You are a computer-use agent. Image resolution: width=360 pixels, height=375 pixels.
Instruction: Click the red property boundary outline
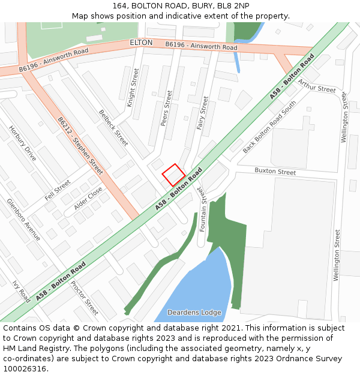pos(173,175)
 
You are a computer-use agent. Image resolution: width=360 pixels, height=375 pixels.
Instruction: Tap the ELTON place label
pos(141,43)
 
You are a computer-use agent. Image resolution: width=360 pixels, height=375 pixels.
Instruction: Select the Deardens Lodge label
pos(194,313)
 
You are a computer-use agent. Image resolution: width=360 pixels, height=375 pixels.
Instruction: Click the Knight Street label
pos(133,88)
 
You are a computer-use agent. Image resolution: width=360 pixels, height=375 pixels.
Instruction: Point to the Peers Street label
pos(166,108)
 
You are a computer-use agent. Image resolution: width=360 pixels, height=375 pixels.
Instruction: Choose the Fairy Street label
pos(202,113)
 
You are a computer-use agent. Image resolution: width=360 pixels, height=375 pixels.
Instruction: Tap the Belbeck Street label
pos(113,127)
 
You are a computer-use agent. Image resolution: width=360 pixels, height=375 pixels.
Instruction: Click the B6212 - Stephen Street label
pos(80,142)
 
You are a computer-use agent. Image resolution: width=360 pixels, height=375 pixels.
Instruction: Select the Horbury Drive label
pos(23,143)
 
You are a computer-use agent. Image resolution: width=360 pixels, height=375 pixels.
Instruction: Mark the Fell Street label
pos(58,190)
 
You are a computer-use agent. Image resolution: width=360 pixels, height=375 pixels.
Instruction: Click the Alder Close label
pos(88,198)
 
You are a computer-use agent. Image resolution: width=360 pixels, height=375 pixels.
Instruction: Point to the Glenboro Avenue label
pos(23,220)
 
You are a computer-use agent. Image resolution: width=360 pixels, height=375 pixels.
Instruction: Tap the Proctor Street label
pos(84,298)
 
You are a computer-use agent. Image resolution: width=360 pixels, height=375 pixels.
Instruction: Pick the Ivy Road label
pos(21,292)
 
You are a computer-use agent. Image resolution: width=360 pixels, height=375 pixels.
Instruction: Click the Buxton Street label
pos(275,172)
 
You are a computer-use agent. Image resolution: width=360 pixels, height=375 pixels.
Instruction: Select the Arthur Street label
pos(317,86)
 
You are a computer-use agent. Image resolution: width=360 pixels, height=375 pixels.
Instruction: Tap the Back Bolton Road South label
pos(269,127)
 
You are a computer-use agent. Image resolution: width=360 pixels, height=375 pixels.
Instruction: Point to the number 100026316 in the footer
pos(24,368)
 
